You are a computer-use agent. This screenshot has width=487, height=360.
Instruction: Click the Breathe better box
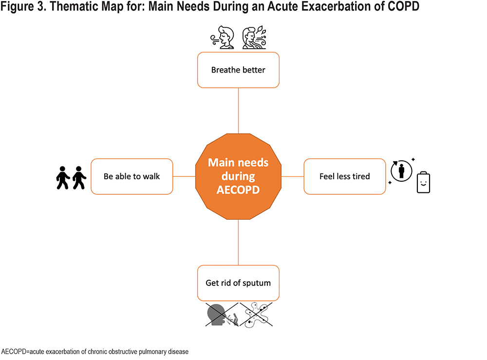pyautogui.click(x=238, y=70)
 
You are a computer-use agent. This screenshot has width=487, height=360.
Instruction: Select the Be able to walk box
pyautogui.click(x=131, y=176)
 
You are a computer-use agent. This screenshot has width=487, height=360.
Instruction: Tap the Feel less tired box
pyautogui.click(x=345, y=176)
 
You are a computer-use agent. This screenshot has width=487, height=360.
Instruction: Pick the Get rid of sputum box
pyautogui.click(x=238, y=283)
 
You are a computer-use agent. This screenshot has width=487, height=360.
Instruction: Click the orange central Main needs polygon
pyautogui.click(x=238, y=176)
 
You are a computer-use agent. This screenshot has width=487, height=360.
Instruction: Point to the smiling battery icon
pyautogui.click(x=423, y=182)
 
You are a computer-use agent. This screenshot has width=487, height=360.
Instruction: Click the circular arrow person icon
pyautogui.click(x=401, y=171)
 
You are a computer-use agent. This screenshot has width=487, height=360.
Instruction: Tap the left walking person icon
pyautogui.click(x=63, y=178)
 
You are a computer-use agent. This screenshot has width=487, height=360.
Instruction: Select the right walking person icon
pyautogui.click(x=79, y=178)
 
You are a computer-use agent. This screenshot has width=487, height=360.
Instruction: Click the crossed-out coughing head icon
pyautogui.click(x=222, y=315)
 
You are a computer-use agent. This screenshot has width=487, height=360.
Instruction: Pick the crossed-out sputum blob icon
pyautogui.click(x=256, y=315)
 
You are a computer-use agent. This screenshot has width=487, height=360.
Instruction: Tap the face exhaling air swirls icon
pyautogui.click(x=223, y=38)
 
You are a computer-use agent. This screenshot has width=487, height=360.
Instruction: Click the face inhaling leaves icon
pyautogui.click(x=254, y=38)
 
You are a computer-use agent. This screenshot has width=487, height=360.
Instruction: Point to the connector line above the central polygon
pyautogui.click(x=238, y=111)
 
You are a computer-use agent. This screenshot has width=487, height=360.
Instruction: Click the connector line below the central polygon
pyautogui.click(x=238, y=243)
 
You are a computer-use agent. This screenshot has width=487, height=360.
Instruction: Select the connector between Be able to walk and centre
pyautogui.click(x=184, y=176)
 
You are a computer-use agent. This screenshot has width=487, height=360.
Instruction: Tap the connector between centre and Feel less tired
pyautogui.click(x=293, y=176)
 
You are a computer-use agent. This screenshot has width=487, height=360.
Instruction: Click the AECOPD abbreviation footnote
pyautogui.click(x=95, y=352)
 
